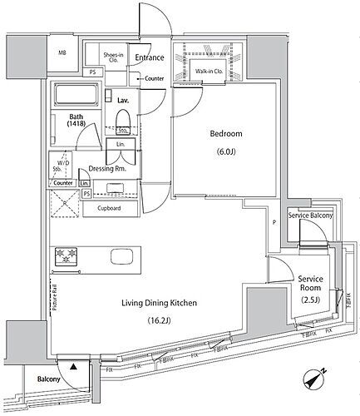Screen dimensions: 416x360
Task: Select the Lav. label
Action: [123, 100]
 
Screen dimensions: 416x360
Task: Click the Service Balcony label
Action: [309, 215]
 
